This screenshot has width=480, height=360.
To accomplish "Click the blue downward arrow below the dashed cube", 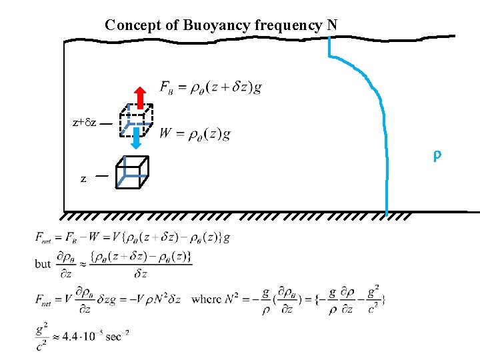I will coord(135,139).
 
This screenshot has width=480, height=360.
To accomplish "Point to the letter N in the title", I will coord(332,25).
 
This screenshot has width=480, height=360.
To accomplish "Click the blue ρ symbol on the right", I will coord(437,156).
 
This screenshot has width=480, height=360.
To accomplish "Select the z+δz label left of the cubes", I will coord(85,123).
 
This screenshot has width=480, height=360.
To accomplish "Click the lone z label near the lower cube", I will coord(83,179).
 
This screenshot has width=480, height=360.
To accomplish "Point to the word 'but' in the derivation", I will coord(43,263).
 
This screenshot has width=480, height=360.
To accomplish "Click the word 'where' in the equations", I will coord(205,299).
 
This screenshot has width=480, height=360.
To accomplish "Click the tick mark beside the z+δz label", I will coord(105,123).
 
